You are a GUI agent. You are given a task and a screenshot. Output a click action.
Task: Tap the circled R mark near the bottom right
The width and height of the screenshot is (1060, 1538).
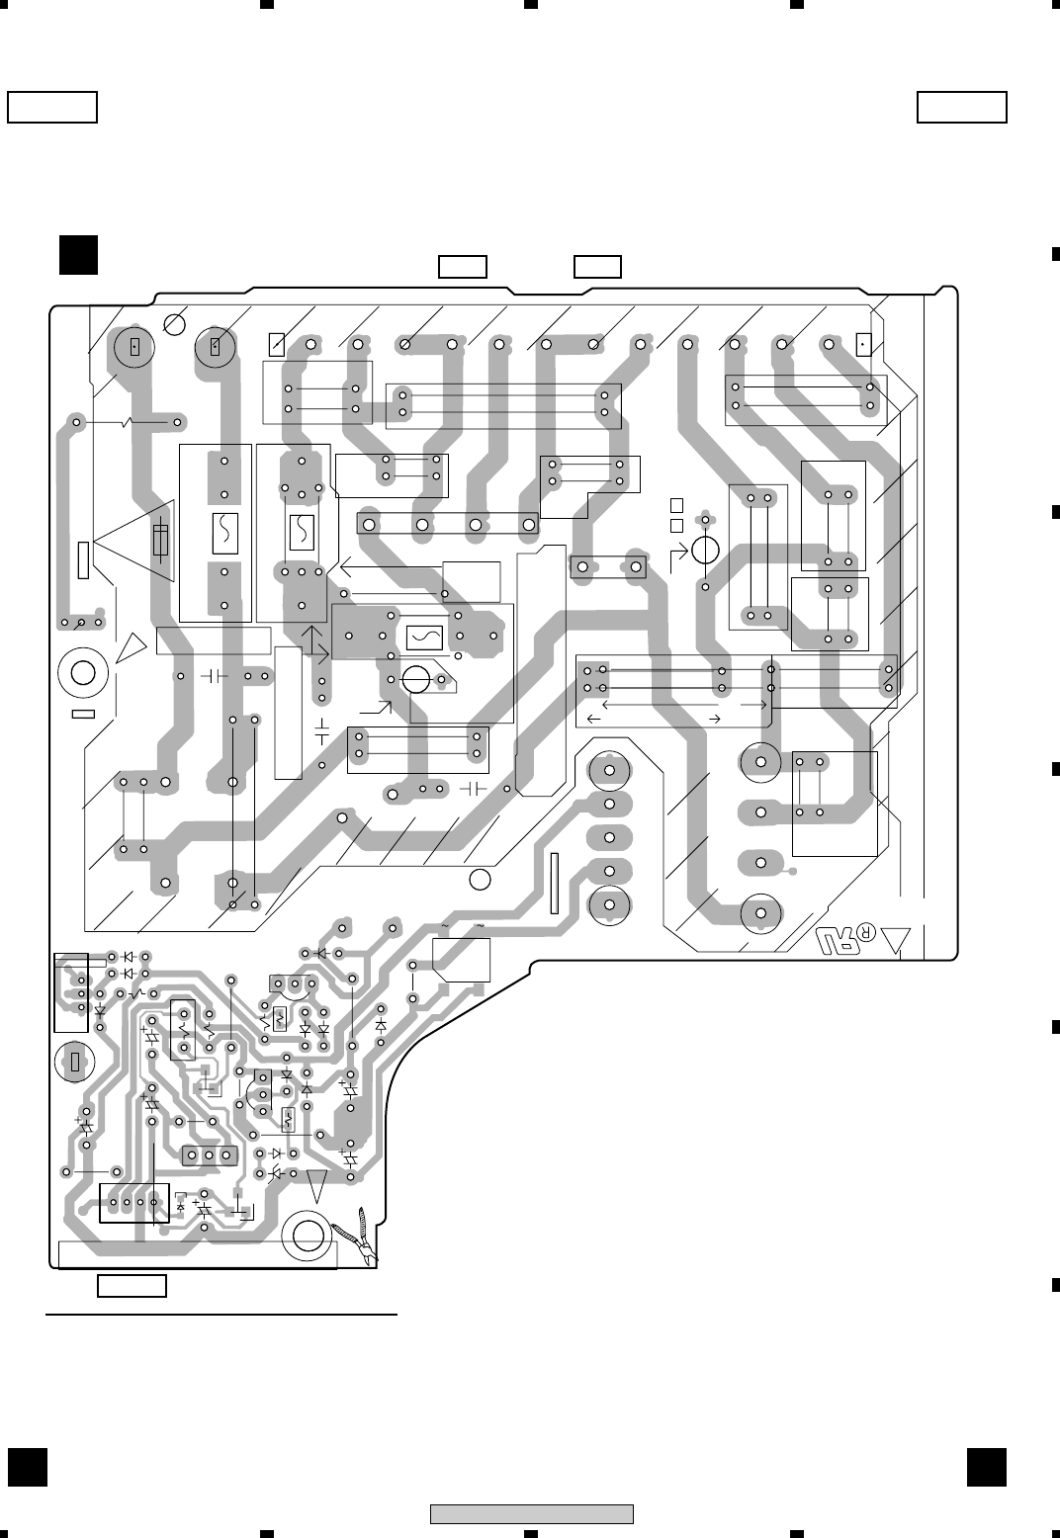click(866, 933)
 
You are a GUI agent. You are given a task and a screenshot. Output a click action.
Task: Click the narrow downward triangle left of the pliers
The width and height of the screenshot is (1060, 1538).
click(316, 1184)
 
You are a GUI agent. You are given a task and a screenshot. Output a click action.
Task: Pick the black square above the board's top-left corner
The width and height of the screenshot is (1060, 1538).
click(77, 254)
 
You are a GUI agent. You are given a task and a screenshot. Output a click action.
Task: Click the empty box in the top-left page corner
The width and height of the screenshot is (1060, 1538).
click(52, 107)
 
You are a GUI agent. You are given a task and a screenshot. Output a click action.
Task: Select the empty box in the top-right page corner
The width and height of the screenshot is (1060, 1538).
click(961, 107)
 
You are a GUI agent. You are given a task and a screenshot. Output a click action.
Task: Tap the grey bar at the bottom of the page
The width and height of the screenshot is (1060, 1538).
click(531, 1513)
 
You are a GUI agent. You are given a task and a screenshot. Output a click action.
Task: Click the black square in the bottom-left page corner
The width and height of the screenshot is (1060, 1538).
click(28, 1466)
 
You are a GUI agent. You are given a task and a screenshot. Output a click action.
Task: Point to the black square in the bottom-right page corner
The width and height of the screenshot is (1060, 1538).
click(986, 1466)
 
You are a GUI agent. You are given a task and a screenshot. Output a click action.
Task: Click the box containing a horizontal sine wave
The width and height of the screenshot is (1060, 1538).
click(424, 638)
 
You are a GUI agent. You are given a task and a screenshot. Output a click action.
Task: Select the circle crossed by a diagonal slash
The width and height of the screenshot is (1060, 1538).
click(175, 323)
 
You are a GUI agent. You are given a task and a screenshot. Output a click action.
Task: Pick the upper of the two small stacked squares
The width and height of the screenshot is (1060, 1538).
click(676, 504)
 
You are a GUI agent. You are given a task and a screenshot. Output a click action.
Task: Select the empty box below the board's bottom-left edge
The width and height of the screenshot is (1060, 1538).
click(132, 1286)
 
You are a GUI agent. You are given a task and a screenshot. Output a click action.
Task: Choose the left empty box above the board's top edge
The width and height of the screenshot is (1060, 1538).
click(463, 267)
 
